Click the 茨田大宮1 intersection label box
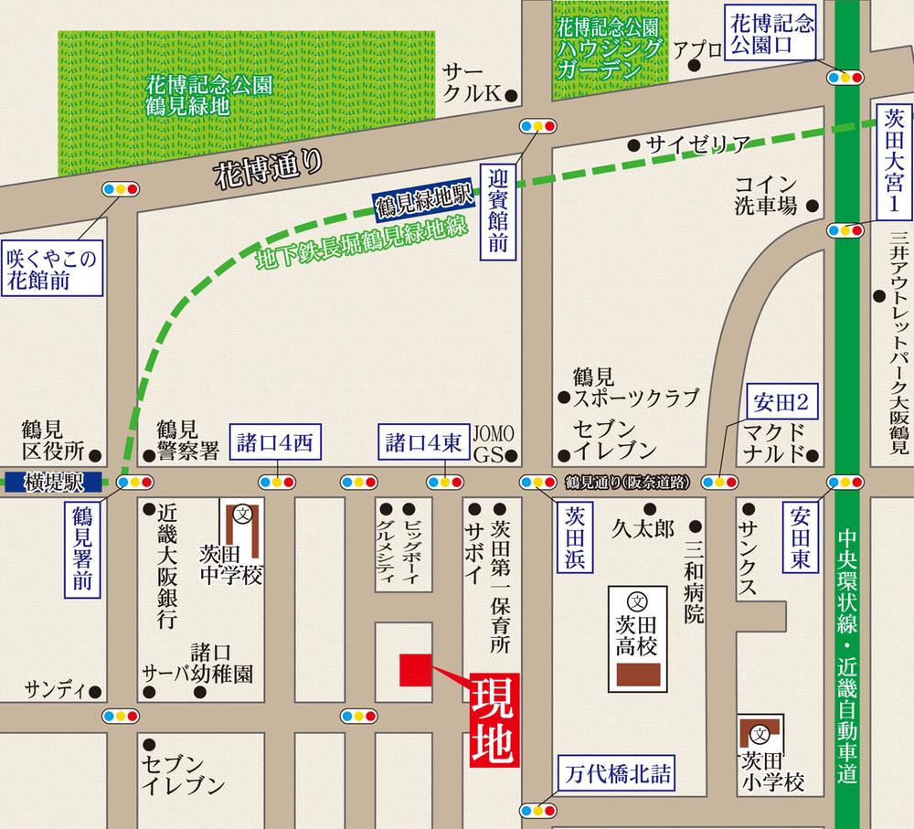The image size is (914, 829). (891, 159)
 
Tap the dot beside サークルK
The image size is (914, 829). (511, 94)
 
